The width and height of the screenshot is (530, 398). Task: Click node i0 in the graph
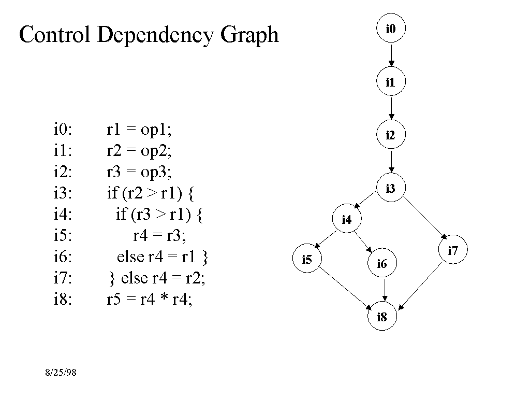391,28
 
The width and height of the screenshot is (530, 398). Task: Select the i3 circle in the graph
391,189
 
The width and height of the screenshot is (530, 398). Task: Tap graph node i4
347,220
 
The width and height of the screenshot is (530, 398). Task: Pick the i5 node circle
307,259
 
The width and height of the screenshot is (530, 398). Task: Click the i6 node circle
382,264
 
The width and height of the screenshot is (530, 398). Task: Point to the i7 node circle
453,251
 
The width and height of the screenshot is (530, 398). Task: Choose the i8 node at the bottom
382,317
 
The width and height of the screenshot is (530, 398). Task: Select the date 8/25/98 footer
61,373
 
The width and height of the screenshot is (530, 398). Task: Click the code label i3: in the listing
63,194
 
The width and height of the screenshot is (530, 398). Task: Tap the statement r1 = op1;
139,130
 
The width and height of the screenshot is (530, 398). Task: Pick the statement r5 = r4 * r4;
149,300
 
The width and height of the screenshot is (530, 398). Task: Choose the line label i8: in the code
63,300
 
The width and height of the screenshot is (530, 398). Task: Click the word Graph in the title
249,35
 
